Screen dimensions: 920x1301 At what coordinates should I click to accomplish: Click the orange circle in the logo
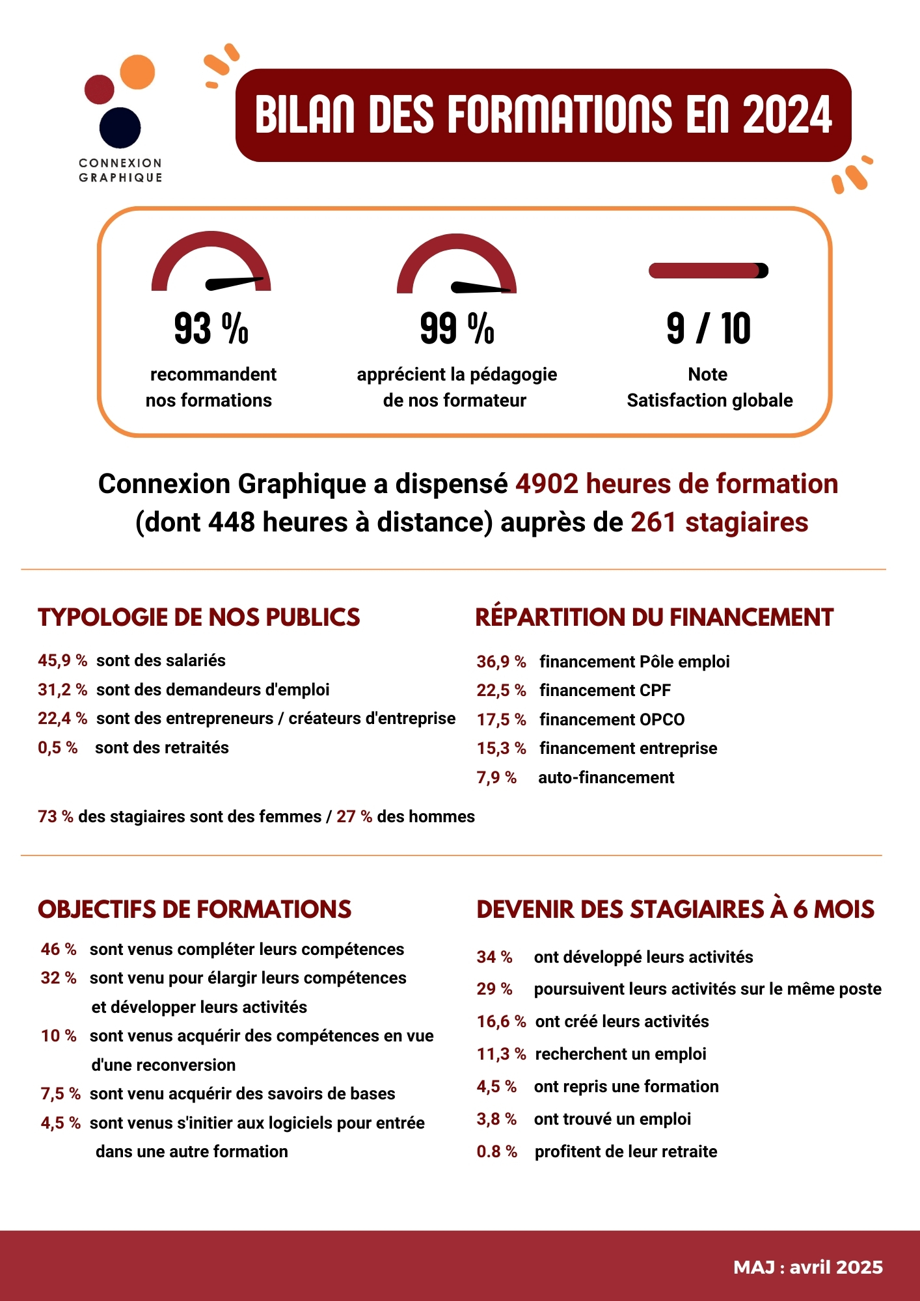[137, 72]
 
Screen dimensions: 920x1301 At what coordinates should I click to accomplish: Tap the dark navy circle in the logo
[120, 127]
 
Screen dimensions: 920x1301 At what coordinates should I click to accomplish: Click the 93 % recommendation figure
[211, 329]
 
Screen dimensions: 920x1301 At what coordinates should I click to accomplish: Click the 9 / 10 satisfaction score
[709, 329]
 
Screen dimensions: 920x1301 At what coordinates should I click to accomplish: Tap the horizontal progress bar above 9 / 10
[709, 271]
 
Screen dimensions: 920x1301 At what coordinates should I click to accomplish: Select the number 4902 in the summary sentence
[547, 484]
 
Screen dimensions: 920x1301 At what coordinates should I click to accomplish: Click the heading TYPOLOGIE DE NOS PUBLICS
[199, 617]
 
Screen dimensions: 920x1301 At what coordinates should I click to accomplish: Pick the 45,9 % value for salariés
[62, 660]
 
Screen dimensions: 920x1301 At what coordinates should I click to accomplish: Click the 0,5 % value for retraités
[58, 747]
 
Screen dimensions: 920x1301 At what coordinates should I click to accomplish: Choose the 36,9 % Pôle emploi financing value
[501, 662]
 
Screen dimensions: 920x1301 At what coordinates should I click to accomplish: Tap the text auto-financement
[606, 777]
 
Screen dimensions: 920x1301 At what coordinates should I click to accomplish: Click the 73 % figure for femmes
[56, 816]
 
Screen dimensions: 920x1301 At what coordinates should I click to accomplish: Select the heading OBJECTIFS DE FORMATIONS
[195, 909]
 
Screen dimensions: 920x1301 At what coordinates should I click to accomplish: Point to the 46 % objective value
[59, 949]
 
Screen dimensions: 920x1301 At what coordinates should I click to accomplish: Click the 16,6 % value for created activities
[501, 1021]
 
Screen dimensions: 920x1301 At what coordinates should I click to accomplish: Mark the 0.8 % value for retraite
[497, 1151]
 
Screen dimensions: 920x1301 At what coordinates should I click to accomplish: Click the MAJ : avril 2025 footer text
[808, 1267]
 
